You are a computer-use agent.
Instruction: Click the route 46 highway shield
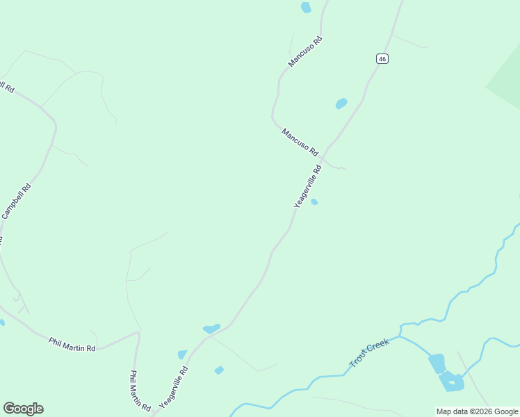382,59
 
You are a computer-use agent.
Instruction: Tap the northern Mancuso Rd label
306,52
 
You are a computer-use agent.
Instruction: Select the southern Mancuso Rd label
300,142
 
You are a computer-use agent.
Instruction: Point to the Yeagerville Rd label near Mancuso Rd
308,186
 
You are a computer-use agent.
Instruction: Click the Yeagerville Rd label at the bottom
174,387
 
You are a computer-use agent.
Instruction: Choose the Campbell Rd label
16,201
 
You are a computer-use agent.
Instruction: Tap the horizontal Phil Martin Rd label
72,344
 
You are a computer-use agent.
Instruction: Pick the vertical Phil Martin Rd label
140,389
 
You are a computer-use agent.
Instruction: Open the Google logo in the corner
23,409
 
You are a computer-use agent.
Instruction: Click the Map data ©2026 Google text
478,411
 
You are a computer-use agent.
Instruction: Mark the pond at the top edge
306,8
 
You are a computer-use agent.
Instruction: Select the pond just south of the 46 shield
341,104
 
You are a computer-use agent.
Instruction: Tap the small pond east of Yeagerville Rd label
314,202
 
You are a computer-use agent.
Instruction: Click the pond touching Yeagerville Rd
211,328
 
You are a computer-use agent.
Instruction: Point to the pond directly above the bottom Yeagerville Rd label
182,354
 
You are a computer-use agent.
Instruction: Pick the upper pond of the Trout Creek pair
437,363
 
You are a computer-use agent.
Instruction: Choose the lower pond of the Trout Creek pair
451,382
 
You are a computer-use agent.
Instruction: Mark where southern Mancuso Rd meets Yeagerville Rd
324,157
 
